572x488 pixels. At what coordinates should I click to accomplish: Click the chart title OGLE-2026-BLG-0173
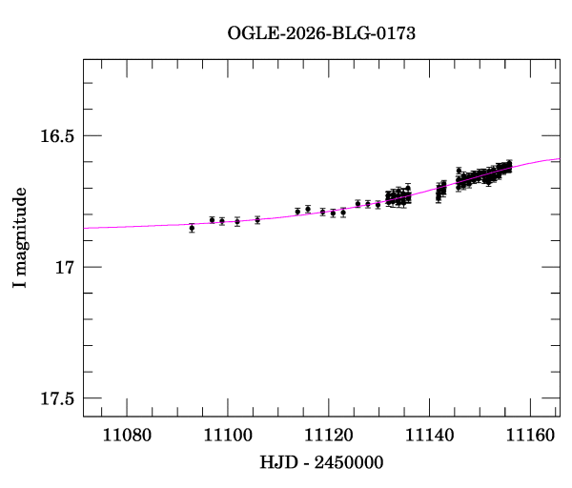tap(321, 33)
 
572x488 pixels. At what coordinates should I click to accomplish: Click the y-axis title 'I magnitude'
tap(19, 237)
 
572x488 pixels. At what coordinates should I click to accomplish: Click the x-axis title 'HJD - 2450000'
tap(321, 462)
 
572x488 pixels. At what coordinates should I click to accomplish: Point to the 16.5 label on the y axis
tap(57, 136)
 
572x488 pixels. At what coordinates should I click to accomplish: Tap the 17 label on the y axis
tap(64, 267)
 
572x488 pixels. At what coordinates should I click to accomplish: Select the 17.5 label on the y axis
tap(57, 398)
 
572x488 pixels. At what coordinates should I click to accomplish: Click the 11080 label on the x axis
tap(127, 436)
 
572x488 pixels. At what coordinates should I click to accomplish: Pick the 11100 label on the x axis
tap(228, 436)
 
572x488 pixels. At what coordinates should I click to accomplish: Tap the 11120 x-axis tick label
tap(328, 436)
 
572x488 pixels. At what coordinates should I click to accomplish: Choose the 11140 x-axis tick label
tap(429, 436)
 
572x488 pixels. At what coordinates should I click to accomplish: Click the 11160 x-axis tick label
tap(530, 436)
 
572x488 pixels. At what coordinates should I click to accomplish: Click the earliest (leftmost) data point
tap(192, 229)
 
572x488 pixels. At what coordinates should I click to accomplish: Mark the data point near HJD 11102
tap(237, 221)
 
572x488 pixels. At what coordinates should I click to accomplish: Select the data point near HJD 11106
tap(257, 220)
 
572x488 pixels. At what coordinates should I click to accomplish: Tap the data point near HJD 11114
tap(297, 212)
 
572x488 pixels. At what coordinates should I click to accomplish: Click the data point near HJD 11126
tap(357, 204)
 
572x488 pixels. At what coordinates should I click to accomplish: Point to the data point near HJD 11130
tap(378, 205)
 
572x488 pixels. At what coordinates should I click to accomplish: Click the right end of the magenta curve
tap(560, 158)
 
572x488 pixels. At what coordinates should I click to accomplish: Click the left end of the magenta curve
tap(84, 229)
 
